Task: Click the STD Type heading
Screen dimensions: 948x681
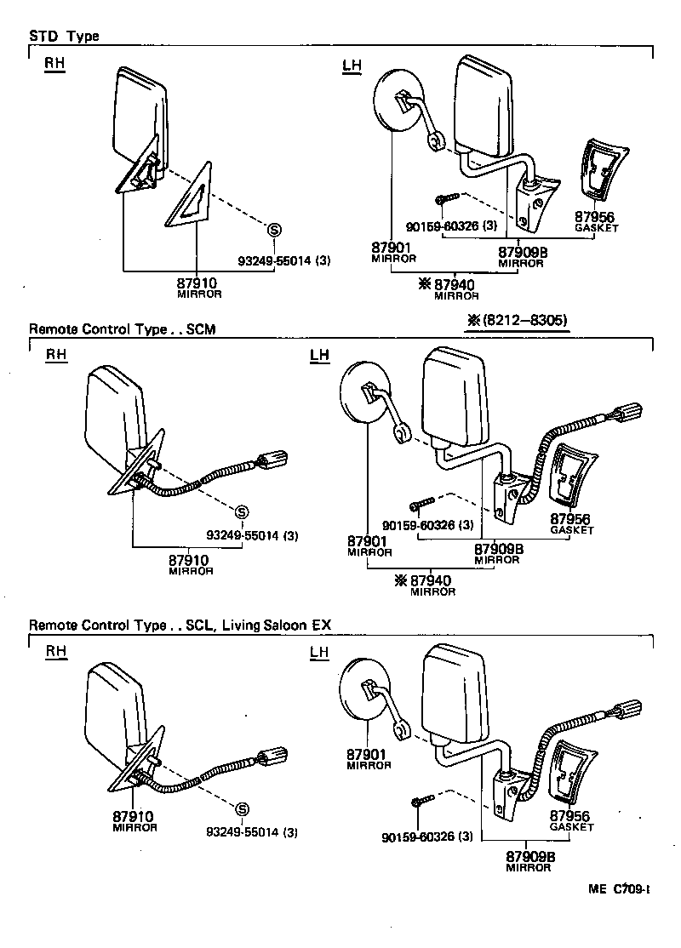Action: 64,37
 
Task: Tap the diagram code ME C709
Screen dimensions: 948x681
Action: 619,889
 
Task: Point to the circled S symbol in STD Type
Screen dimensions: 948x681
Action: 273,228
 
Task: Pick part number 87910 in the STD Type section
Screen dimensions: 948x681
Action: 198,283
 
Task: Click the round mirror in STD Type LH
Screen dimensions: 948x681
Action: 398,101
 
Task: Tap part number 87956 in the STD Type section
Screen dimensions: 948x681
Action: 594,218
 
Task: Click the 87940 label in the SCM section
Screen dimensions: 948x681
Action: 431,581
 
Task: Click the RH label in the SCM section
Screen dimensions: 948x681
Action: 55,355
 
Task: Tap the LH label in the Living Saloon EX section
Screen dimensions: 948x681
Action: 319,653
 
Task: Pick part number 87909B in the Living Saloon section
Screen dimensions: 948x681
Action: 529,856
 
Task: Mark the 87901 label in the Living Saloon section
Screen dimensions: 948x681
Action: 368,754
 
